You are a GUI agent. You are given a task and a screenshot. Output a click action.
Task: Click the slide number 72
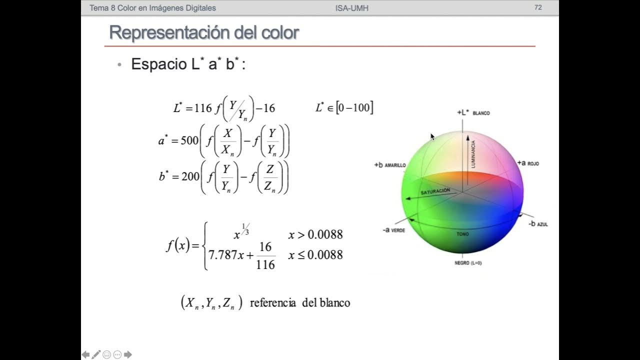point(538,7)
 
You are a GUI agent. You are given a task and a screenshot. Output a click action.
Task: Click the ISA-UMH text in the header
point(352,8)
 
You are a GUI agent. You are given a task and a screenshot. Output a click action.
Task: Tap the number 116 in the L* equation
point(203,108)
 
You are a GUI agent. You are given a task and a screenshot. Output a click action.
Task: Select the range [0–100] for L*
point(354,107)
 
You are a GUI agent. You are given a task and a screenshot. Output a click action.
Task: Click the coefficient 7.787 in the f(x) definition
point(222,254)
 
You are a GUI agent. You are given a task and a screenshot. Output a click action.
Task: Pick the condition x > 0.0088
point(315,235)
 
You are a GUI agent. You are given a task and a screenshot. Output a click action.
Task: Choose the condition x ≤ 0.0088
point(315,255)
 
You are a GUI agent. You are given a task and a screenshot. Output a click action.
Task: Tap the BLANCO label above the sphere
point(481,113)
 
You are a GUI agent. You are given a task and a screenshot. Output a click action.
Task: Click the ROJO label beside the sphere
point(533,163)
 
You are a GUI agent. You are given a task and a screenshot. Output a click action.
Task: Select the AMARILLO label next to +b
point(395,165)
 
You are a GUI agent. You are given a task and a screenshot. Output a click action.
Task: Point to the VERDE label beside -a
point(398,230)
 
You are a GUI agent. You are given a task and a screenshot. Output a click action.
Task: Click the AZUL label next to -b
point(542,224)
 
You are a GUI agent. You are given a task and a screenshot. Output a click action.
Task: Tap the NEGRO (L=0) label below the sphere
point(468,262)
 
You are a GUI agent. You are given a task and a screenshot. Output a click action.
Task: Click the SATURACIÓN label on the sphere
point(435,191)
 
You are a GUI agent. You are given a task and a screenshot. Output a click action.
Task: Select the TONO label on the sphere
point(462,234)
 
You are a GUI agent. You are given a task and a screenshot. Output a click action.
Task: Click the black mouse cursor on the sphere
point(432,136)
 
